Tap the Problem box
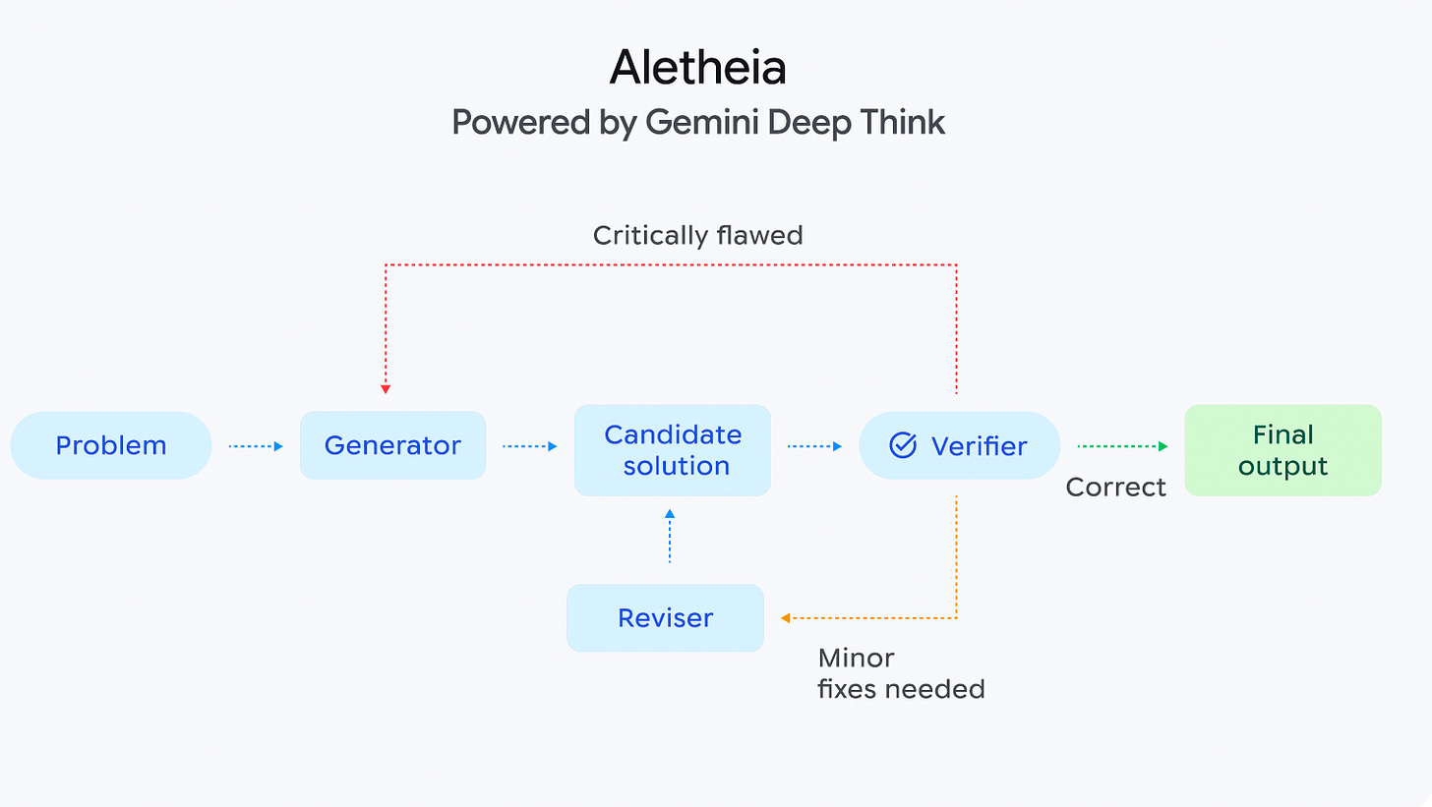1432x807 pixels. (x=111, y=445)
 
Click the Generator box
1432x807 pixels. (x=392, y=445)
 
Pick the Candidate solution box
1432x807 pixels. (x=673, y=450)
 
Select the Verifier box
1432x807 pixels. (x=959, y=445)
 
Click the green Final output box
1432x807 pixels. (x=1283, y=450)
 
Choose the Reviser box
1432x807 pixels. (x=665, y=618)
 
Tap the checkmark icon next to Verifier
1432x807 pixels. (x=902, y=445)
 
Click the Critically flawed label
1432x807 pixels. (x=697, y=236)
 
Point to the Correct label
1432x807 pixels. (x=1115, y=488)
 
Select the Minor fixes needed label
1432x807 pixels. (x=900, y=673)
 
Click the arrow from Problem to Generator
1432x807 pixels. (x=256, y=446)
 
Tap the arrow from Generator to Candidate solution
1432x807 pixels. (x=530, y=446)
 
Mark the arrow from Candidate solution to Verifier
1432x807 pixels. (x=814, y=446)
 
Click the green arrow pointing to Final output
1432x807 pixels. (x=1122, y=446)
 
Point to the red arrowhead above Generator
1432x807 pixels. (x=386, y=388)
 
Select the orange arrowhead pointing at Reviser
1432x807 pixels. (x=786, y=618)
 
